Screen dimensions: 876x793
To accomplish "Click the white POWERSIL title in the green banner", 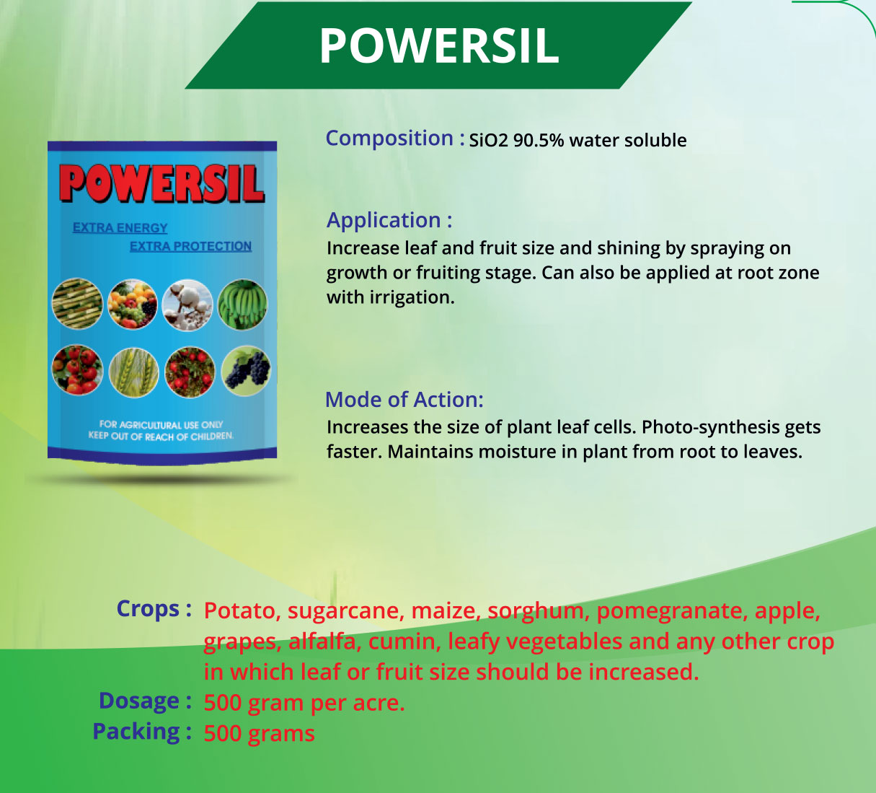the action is (439, 46).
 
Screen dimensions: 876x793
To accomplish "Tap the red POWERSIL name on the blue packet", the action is (162, 183).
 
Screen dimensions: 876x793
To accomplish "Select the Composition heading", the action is (395, 139).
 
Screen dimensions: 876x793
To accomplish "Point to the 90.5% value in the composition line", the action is (539, 140).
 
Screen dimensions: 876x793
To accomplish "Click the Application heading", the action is (389, 220).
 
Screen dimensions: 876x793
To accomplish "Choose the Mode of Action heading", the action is (404, 400).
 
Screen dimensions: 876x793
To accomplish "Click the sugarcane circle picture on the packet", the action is (77, 304).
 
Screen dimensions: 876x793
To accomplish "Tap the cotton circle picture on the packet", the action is (187, 305).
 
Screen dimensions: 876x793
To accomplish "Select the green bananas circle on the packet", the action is (242, 305).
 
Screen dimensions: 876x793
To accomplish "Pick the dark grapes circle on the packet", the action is (246, 371).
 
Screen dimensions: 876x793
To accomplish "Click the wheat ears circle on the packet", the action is (133, 372).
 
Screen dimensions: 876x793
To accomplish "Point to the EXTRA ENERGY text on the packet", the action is (120, 228).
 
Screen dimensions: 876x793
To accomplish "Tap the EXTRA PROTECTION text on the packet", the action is (191, 246).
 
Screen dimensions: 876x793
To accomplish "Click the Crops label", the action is (154, 608).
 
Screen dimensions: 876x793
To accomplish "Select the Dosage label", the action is (145, 701).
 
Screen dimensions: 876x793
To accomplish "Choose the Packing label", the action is (142, 732).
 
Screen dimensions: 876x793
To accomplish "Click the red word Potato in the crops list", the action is (242, 610).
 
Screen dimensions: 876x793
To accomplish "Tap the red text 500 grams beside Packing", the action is (260, 734).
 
